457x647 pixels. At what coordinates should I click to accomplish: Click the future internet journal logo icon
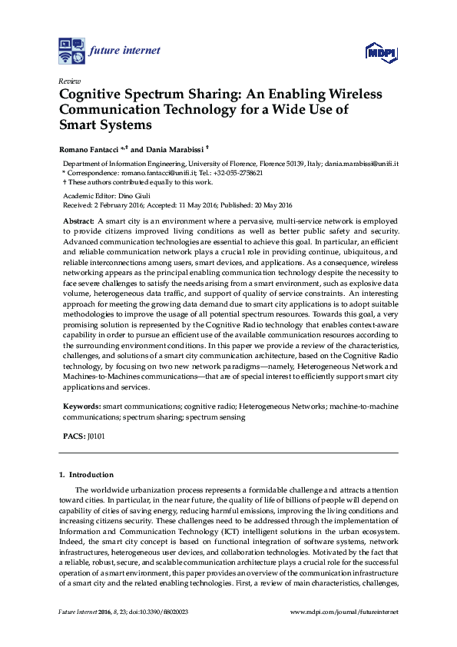(71, 51)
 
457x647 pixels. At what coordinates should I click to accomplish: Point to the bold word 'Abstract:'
(78, 221)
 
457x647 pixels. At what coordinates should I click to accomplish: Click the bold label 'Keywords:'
(81, 404)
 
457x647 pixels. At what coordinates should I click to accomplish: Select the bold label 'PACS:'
(74, 436)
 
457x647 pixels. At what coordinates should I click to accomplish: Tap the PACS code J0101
(96, 436)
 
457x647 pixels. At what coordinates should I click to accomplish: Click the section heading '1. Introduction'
(86, 475)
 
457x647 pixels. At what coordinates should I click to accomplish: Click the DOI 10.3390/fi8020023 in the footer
(163, 611)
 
